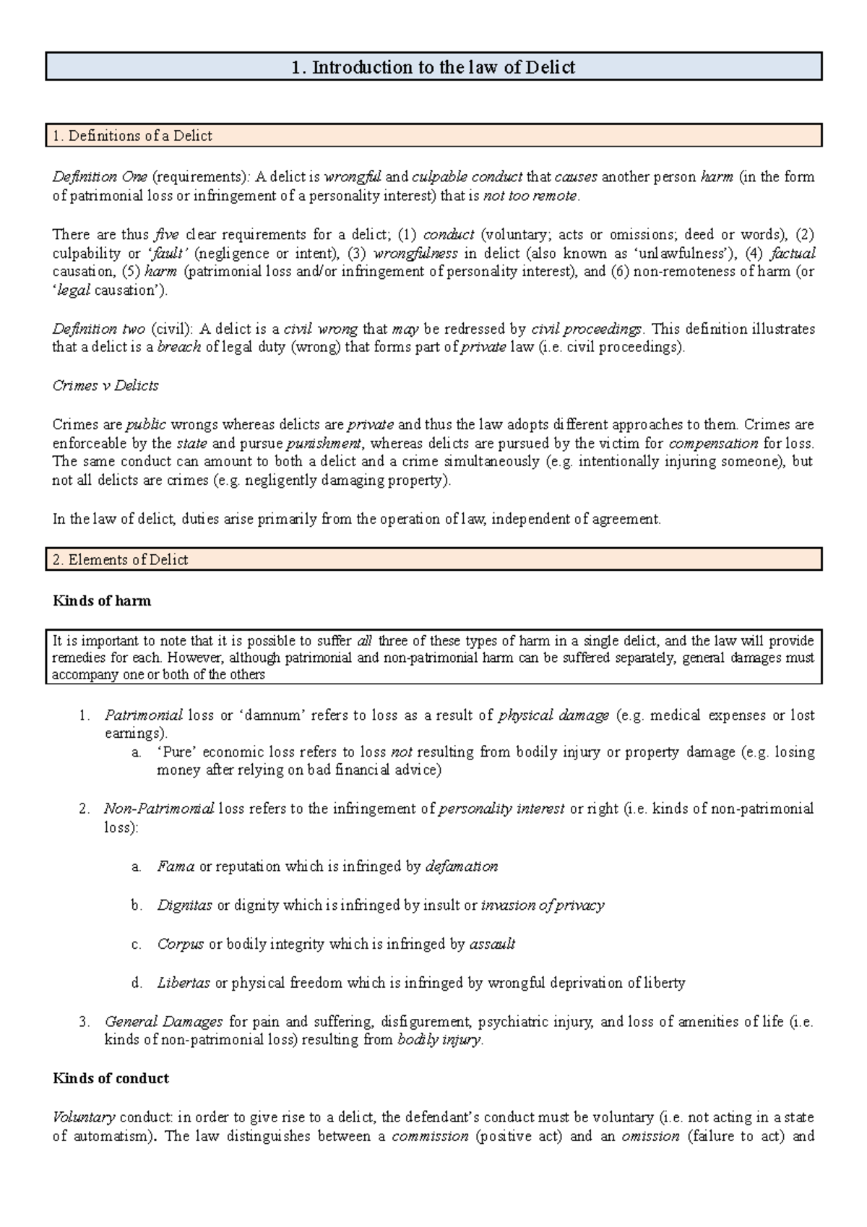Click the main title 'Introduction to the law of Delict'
point(433,67)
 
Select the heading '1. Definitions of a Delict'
point(132,136)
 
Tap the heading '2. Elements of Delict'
point(121,560)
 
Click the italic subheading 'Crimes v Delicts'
point(105,386)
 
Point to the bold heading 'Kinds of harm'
point(102,601)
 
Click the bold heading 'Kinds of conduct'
point(111,1078)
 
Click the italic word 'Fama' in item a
point(176,866)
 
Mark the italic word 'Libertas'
point(184,983)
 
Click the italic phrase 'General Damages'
point(163,1022)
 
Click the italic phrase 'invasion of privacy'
point(542,905)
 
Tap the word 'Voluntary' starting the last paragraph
point(84,1117)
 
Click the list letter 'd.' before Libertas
point(137,983)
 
